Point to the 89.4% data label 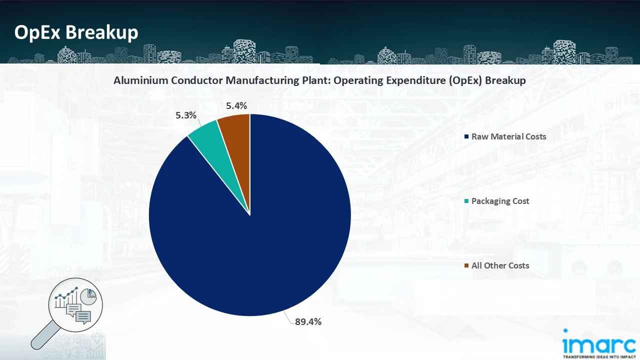coord(308,321)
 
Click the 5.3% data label coord(186,115)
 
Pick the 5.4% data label coord(236,105)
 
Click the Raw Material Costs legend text coord(508,136)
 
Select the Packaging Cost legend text coord(500,201)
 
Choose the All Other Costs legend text coord(500,265)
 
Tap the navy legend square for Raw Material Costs coord(466,136)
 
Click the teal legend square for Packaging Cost coord(466,201)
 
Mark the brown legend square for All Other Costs coord(466,265)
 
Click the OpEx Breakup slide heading coord(76,32)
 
